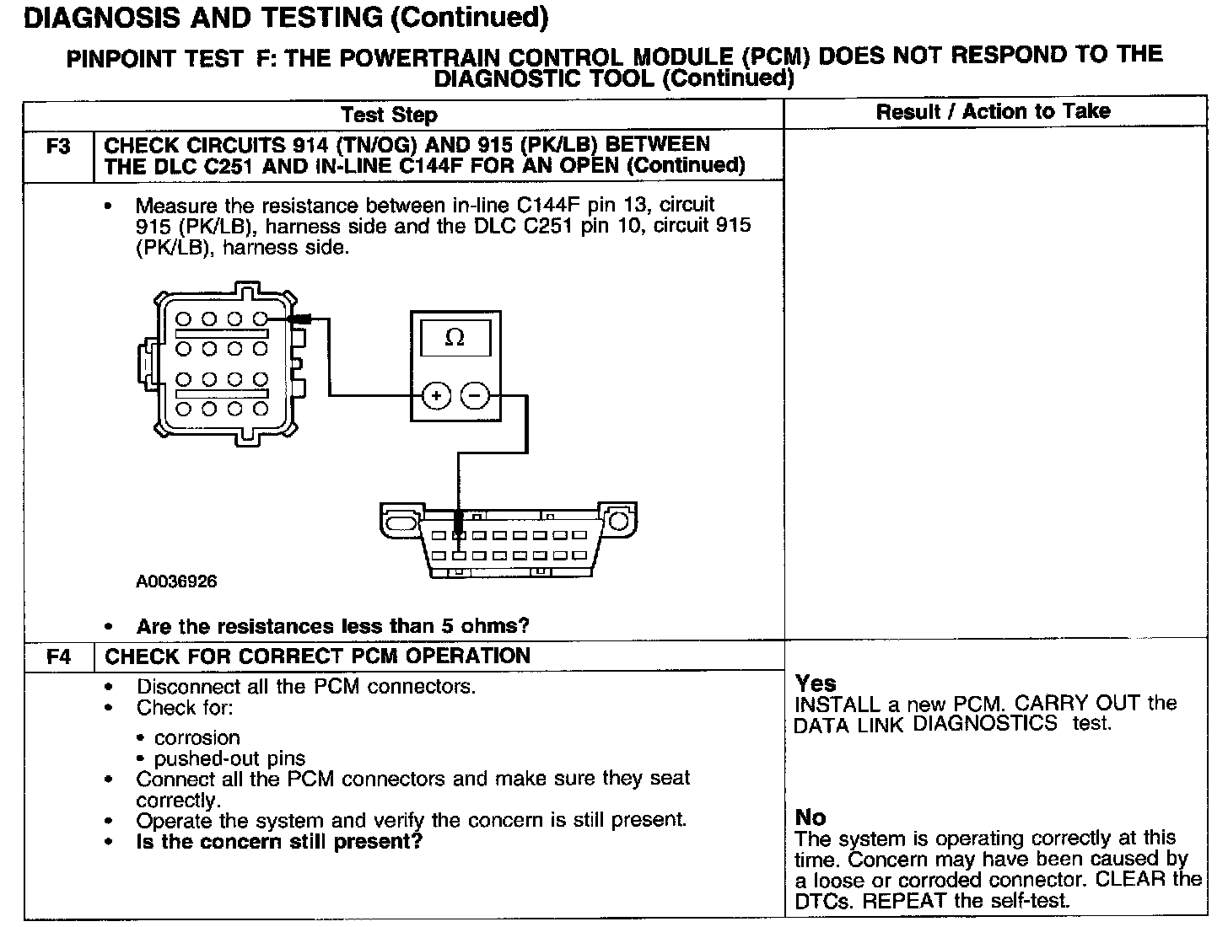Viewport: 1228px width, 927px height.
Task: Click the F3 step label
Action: [x=57, y=147]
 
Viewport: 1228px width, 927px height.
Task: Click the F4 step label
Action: [x=58, y=657]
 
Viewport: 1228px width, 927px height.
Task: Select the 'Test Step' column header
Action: [x=389, y=115]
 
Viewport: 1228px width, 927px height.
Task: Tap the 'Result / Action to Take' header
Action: [x=993, y=112]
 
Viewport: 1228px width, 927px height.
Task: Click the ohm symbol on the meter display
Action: [x=455, y=339]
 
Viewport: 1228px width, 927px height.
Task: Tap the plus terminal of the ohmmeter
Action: [x=435, y=394]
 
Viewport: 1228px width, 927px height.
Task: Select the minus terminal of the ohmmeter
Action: [x=476, y=394]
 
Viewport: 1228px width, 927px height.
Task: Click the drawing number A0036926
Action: [x=176, y=582]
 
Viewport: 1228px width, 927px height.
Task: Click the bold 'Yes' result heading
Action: [x=816, y=683]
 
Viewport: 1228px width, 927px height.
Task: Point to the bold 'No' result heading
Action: [x=811, y=817]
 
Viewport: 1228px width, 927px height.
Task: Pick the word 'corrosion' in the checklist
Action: [x=197, y=738]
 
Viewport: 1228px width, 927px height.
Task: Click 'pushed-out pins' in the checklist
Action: [x=229, y=759]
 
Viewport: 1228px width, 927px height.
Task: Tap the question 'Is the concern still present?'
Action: [x=279, y=841]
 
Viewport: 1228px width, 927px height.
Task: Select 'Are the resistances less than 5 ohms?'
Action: [x=332, y=626]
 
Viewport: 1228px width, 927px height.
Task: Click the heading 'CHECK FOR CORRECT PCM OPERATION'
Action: [x=317, y=656]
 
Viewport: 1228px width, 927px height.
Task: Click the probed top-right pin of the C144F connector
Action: [x=261, y=319]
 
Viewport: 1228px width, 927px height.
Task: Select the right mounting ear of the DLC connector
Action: [x=618, y=520]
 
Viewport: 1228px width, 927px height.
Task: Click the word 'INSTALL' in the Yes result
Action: [x=832, y=705]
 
